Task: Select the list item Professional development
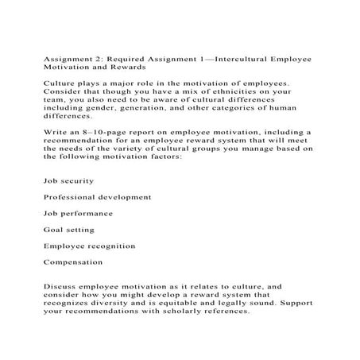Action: pos(98,196)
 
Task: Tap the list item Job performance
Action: pos(78,213)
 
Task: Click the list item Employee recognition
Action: pos(89,246)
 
